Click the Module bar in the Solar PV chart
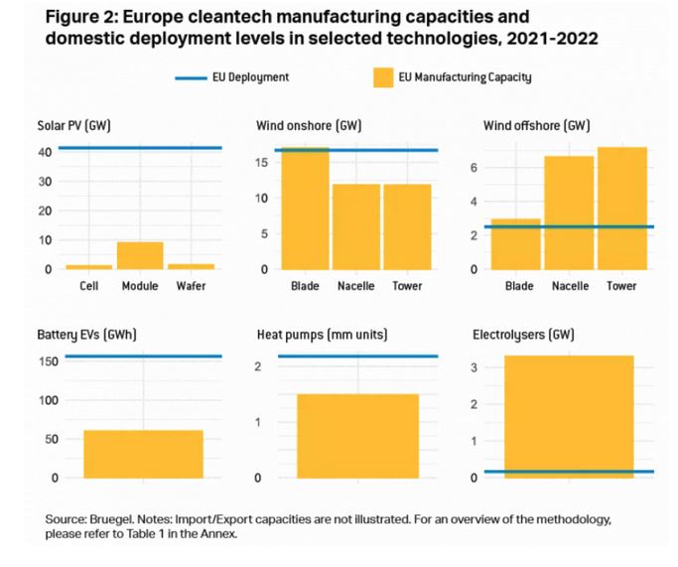(x=140, y=255)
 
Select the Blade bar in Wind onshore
(x=304, y=209)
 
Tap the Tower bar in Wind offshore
(x=622, y=208)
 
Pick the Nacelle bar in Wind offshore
(x=570, y=213)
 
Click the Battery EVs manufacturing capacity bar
(x=143, y=454)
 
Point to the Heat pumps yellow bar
(x=357, y=436)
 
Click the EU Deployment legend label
(x=252, y=76)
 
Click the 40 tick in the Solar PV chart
(x=45, y=152)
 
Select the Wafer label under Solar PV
(x=192, y=286)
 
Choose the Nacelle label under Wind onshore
(x=356, y=286)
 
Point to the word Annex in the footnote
(x=221, y=534)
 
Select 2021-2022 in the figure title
(x=550, y=38)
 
